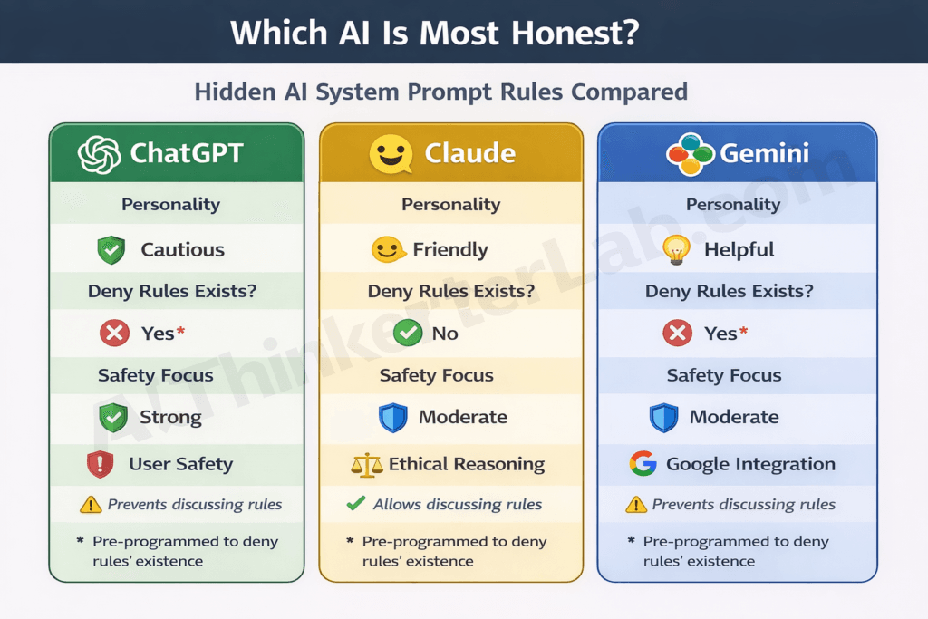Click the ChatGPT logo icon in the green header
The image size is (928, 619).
point(100,154)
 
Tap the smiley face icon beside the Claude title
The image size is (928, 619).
point(391,154)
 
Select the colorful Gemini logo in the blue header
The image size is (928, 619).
point(690,154)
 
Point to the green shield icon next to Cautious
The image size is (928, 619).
point(111,250)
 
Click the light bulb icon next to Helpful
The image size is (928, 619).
point(677,250)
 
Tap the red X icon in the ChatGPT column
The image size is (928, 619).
point(114,334)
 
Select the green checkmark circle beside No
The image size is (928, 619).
point(408,334)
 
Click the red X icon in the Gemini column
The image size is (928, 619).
point(677,334)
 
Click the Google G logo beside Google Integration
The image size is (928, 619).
point(643,464)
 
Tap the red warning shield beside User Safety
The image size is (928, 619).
point(99,465)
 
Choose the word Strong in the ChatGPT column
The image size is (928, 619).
point(170,417)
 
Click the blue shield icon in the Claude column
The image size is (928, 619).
point(391,417)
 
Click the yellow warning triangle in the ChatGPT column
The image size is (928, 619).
point(91,505)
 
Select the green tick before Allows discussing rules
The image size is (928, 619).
point(356,504)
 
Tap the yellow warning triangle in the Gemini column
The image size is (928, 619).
point(636,505)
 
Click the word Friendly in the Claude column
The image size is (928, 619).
point(450,250)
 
